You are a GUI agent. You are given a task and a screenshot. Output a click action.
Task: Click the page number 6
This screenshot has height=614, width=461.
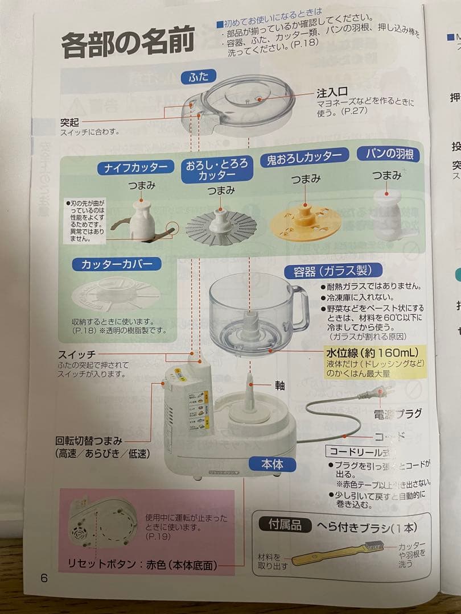[44, 578]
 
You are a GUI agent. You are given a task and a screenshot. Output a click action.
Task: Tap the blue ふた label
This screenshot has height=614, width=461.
[199, 77]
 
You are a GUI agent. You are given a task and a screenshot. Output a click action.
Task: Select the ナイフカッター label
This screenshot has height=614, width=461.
[135, 168]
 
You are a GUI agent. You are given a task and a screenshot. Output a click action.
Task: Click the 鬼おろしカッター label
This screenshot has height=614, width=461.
[304, 157]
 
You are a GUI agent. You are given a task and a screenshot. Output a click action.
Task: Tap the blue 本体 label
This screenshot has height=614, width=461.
[272, 464]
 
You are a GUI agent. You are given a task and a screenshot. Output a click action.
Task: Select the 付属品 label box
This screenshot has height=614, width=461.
[285, 525]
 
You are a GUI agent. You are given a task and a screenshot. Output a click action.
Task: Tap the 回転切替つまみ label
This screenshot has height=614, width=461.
[89, 441]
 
